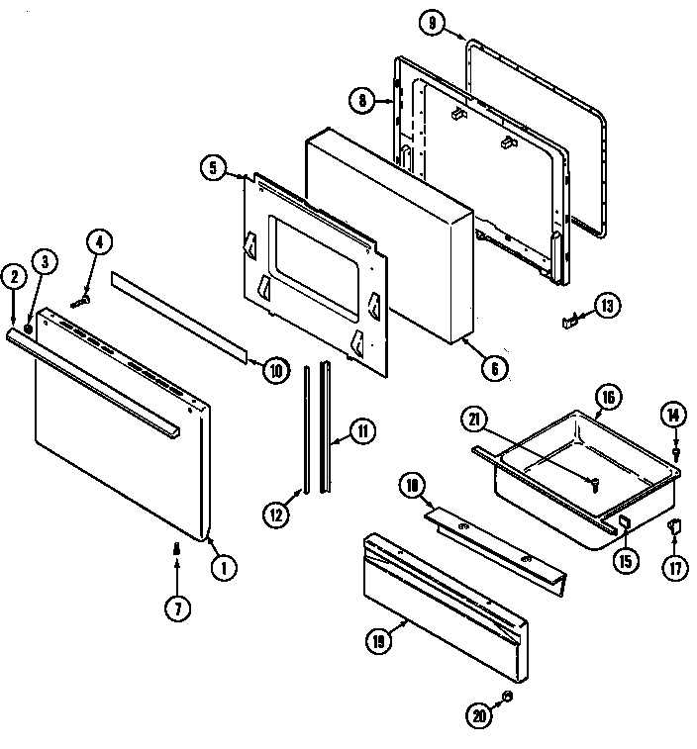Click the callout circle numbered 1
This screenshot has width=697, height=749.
point(224,567)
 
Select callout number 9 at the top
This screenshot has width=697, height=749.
point(432,25)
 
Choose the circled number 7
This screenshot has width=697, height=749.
point(176,609)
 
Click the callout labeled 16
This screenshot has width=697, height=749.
point(609,398)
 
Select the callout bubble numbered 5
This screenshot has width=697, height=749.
point(213,167)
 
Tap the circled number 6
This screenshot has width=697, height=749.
point(494,368)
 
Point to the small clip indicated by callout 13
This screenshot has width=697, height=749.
point(569,319)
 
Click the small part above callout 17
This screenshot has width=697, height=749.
point(676,527)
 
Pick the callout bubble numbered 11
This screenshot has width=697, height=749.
point(363,430)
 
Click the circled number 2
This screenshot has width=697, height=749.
point(14,278)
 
